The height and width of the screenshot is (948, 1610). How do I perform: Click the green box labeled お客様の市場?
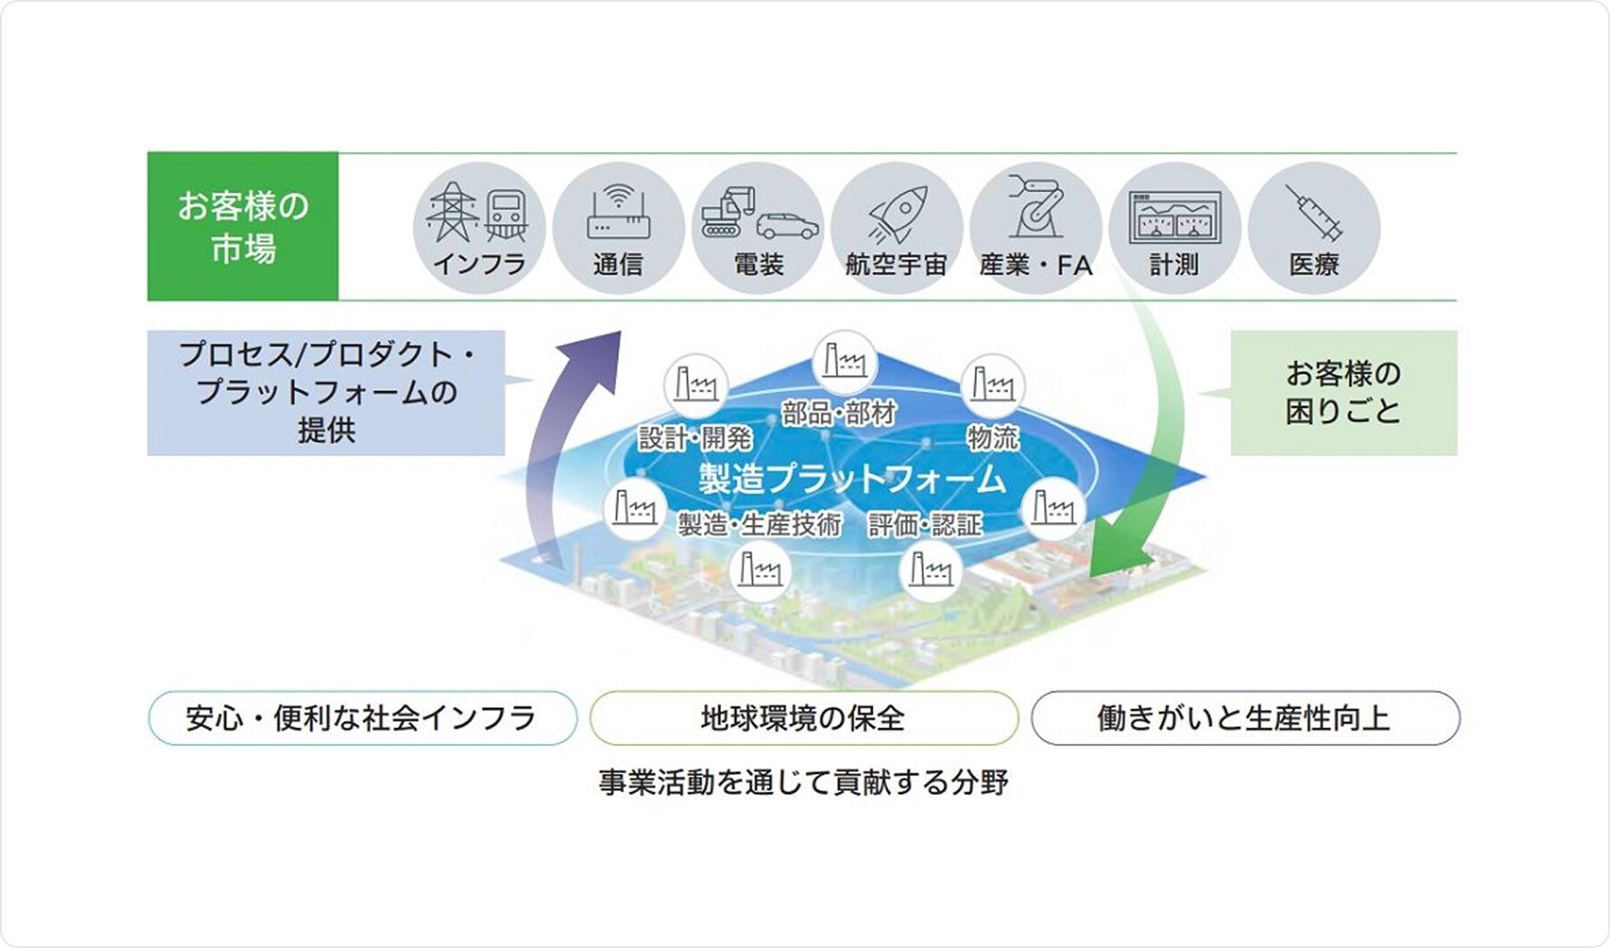242,226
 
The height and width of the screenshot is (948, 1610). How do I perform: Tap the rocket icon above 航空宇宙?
897,214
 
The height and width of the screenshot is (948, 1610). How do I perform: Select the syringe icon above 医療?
1313,213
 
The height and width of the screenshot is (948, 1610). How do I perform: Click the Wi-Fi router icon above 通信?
618,211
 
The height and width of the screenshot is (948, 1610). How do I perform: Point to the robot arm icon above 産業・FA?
1036,207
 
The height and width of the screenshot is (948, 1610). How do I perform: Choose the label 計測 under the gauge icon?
1174,265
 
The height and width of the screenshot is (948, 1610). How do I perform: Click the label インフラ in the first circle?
479,265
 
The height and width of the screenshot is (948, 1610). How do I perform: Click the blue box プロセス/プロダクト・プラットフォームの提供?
326,393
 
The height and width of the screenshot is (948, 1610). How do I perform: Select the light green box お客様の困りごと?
1343,393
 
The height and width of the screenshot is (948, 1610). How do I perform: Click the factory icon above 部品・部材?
844,361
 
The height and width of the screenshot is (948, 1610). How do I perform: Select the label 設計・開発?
695,438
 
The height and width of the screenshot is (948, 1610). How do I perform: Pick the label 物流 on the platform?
992,437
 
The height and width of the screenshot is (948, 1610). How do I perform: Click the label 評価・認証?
925,525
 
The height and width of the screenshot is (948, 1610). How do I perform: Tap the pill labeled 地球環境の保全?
803,718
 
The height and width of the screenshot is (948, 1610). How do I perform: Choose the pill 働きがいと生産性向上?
1244,718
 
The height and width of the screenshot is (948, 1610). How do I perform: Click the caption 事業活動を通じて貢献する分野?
803,783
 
